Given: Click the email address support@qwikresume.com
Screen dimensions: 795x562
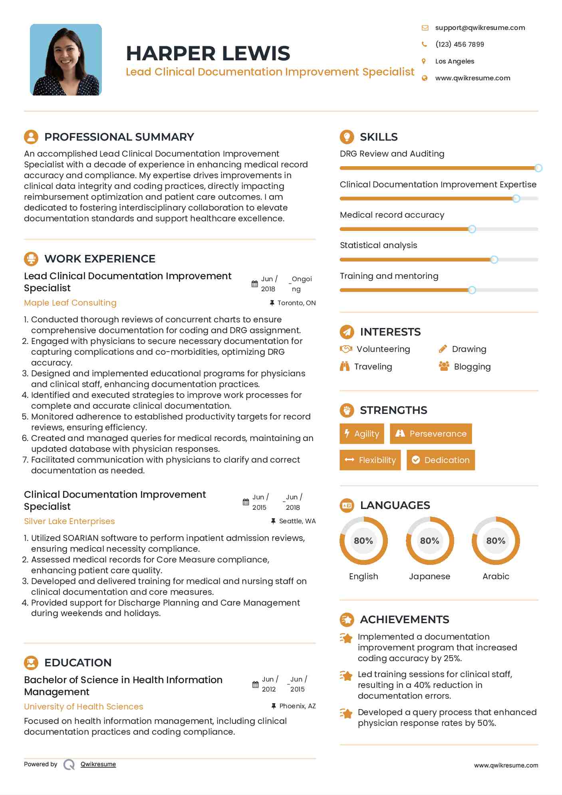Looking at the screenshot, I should pos(480,28).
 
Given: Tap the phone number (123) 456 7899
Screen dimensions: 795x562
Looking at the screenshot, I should pos(459,44).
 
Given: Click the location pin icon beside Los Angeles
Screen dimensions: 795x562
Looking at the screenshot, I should pos(424,61).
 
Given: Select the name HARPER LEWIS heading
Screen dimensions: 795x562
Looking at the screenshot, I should pos(208,53).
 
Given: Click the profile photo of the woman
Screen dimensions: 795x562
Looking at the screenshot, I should pos(66,60).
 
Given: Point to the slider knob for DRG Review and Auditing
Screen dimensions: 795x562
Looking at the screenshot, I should pos(538,168).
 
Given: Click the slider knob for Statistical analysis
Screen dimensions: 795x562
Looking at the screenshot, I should pos(494,260).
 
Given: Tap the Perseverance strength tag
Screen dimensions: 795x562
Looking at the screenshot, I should pos(431,433).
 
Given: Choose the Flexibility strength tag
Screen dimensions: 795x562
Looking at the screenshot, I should pos(370,460).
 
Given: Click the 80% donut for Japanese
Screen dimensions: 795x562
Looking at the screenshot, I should pos(430,541).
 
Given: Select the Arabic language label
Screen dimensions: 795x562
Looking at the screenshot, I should pos(496,576).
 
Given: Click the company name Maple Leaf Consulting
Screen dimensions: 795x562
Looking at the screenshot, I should pos(70,303).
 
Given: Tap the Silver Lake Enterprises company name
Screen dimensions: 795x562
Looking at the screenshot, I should pos(70,521).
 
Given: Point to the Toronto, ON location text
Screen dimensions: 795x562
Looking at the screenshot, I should pos(296,303).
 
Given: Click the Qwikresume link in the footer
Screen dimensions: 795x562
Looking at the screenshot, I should pos(98,764).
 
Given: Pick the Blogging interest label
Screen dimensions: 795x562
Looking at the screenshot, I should pos(472,367).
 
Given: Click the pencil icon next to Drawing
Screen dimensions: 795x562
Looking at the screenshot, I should pos(443,349).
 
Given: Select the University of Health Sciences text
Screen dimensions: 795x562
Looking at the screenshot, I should pos(83,706).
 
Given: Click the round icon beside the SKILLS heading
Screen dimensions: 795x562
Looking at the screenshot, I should pos(347,137).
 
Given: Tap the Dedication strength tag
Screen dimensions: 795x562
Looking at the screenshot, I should pos(441,460).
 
